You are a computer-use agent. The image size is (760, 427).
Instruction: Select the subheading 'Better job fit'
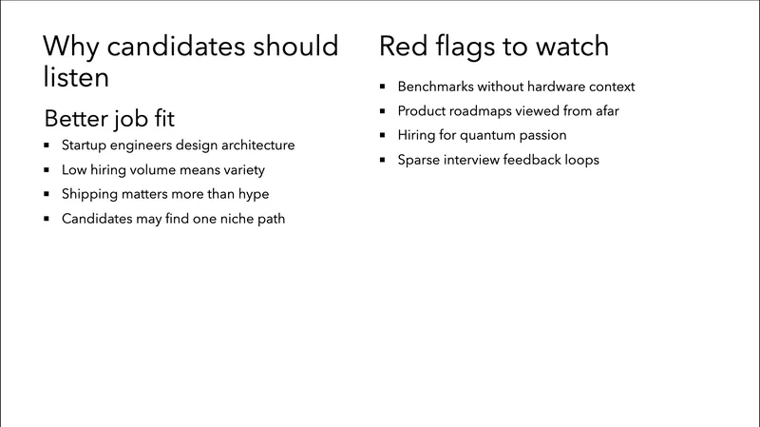click(109, 120)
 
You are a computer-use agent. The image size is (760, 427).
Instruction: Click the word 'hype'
click(253, 195)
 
